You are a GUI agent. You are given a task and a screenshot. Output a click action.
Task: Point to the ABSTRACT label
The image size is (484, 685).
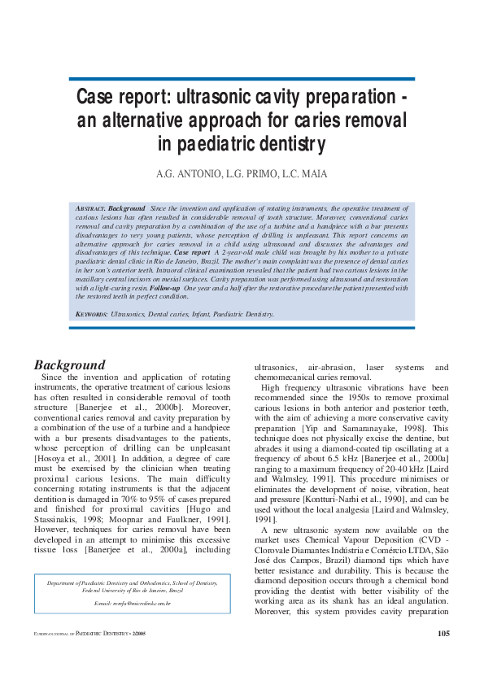[x=89, y=209]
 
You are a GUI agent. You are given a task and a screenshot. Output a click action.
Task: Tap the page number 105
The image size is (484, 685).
[x=443, y=634]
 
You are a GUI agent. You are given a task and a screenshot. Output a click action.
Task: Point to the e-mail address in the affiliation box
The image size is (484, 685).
[x=132, y=603]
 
